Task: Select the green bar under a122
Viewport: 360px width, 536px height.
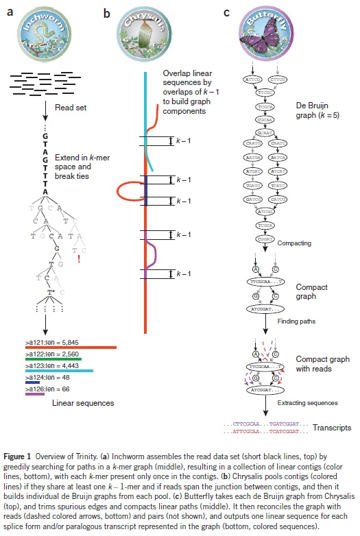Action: pyautogui.click(x=48, y=358)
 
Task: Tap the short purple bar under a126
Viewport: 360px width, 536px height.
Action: pyautogui.click(x=34, y=395)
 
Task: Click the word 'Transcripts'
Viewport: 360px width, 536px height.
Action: pyautogui.click(x=332, y=428)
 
